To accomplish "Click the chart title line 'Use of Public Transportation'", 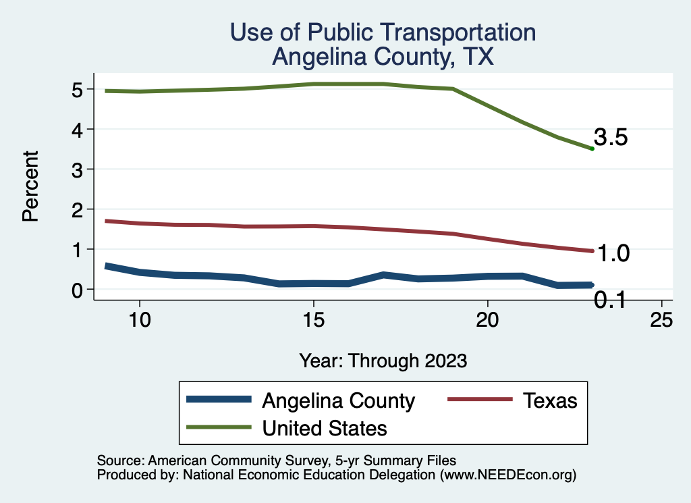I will (383, 32).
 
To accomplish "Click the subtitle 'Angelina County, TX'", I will (383, 57).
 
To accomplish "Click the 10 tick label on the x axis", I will (139, 321).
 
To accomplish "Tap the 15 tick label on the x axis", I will (313, 321).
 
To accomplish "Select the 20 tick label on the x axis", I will (487, 321).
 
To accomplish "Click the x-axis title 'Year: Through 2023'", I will (383, 361).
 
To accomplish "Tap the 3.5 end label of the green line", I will (611, 138).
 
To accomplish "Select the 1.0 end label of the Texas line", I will (614, 254).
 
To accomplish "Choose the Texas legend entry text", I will (550, 400).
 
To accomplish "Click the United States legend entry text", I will (325, 428).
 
